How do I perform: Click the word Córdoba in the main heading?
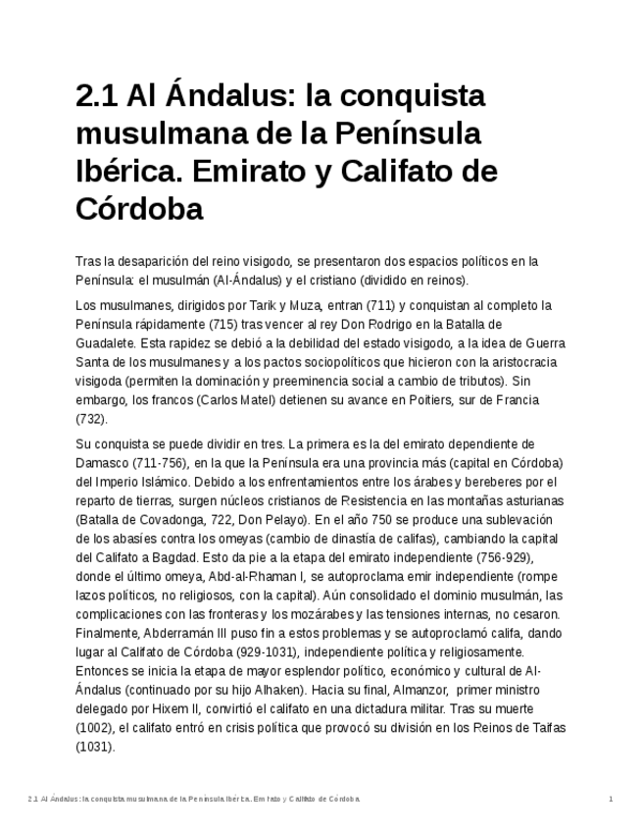click(x=139, y=209)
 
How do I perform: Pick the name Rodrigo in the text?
click(x=380, y=324)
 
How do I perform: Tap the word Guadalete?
click(x=105, y=343)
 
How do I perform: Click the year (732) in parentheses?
click(x=91, y=419)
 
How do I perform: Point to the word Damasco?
click(x=104, y=463)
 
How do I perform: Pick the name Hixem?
click(x=165, y=708)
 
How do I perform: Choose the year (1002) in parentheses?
click(x=95, y=728)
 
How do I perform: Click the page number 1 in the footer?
click(x=611, y=799)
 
